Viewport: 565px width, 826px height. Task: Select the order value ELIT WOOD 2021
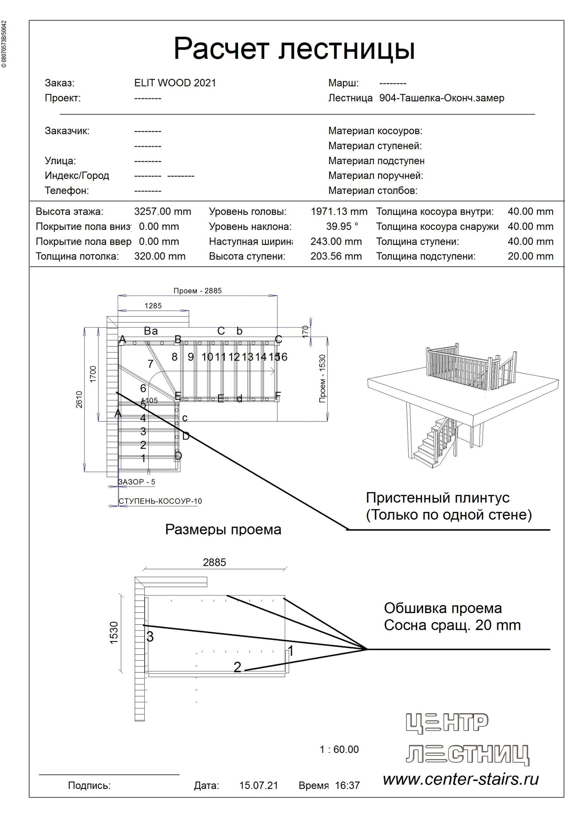coord(175,83)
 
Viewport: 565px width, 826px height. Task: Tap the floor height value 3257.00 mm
coord(162,212)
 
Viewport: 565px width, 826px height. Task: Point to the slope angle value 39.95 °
coord(342,226)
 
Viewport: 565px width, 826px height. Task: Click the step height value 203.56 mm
coord(336,256)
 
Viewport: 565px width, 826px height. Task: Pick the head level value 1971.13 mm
coord(339,212)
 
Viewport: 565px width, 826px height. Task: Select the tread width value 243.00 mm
coord(336,241)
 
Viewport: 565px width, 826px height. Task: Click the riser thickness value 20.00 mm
coord(530,256)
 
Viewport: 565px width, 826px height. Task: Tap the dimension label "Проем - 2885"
coord(197,291)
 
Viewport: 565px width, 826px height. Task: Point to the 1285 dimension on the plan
coord(153,306)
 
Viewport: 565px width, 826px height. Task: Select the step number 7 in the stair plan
coord(150,364)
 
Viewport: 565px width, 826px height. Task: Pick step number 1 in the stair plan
coord(143,458)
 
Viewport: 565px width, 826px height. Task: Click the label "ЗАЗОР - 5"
coord(137,482)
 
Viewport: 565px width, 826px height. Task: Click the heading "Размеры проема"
coord(223,530)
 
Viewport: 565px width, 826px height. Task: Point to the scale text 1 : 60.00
coord(339,750)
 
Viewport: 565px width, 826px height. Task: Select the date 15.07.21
coord(258,786)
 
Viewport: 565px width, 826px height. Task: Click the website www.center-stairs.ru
coord(460,780)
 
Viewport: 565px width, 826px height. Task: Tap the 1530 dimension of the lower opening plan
coord(114,633)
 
